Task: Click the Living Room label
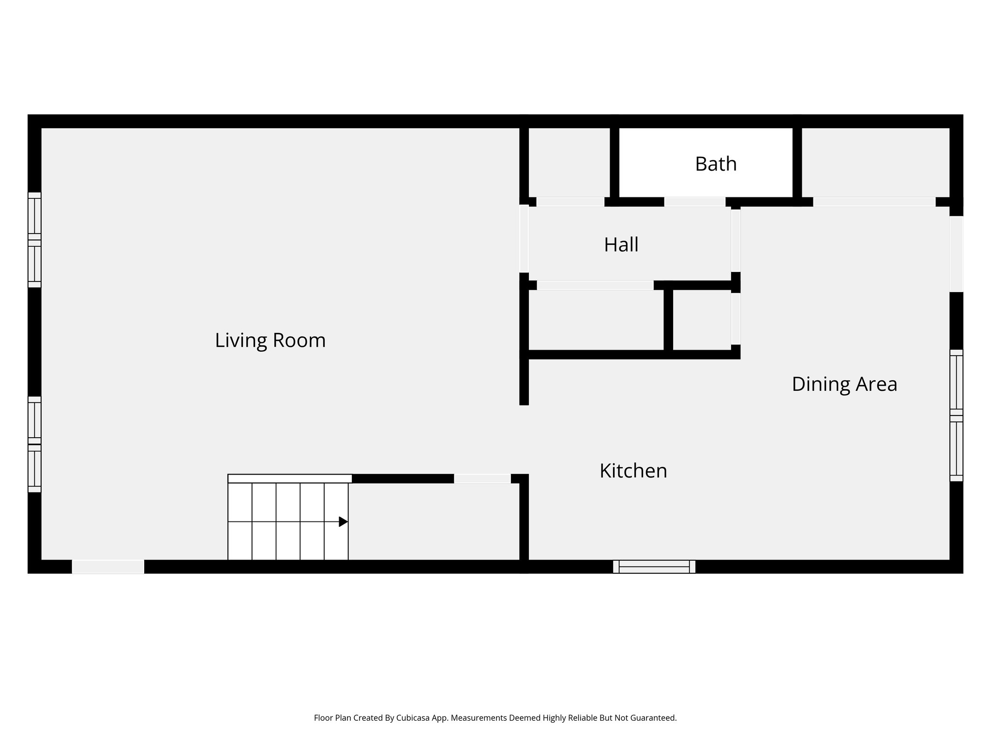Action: pos(270,341)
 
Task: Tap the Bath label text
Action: pos(716,164)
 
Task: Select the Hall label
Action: pos(621,245)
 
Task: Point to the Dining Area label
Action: pos(844,384)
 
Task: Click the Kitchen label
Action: pos(633,471)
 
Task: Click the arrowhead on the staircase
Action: pos(343,521)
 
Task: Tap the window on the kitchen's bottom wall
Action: pos(654,566)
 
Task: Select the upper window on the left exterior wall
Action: pos(34,240)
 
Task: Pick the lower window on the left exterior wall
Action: pos(34,444)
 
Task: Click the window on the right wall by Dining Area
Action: pos(956,415)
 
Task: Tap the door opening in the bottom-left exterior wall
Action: pos(108,566)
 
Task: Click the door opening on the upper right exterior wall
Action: pos(956,253)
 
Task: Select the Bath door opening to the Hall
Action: pos(694,202)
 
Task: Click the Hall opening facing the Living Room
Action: pos(524,239)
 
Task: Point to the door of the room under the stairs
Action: pos(482,478)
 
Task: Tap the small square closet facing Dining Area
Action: pos(701,320)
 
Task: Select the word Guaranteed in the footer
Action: pos(652,718)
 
